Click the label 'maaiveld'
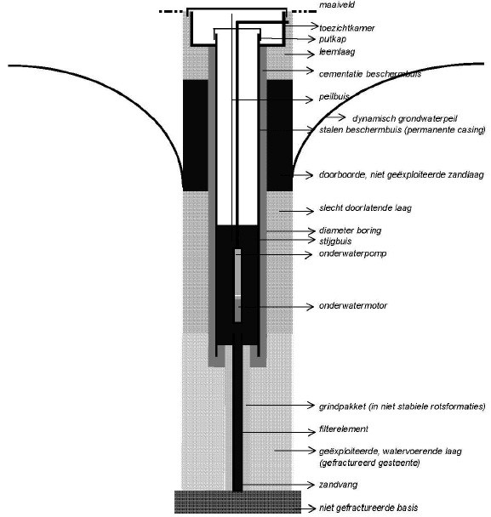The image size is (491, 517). point(337,5)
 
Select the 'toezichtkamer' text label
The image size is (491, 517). point(347,28)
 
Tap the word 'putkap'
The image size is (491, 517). point(333,39)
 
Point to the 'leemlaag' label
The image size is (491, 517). point(337,52)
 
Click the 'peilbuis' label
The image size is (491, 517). point(334,97)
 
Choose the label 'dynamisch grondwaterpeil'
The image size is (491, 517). point(405,118)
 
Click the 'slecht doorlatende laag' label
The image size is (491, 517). point(365,208)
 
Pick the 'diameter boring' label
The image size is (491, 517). point(350,230)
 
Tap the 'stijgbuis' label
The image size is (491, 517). point(335,241)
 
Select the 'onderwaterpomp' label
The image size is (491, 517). point(353,253)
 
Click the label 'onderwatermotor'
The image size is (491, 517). point(353,305)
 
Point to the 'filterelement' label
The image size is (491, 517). point(344,429)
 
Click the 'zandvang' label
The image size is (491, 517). point(338,485)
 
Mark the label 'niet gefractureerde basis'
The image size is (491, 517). point(368,508)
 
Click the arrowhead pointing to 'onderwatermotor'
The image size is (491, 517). point(311,307)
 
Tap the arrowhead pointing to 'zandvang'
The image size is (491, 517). point(311,485)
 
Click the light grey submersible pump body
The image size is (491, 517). point(238,272)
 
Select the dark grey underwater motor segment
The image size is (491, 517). point(238,309)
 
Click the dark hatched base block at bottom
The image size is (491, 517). point(237,502)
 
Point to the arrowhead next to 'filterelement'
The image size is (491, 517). point(311,432)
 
